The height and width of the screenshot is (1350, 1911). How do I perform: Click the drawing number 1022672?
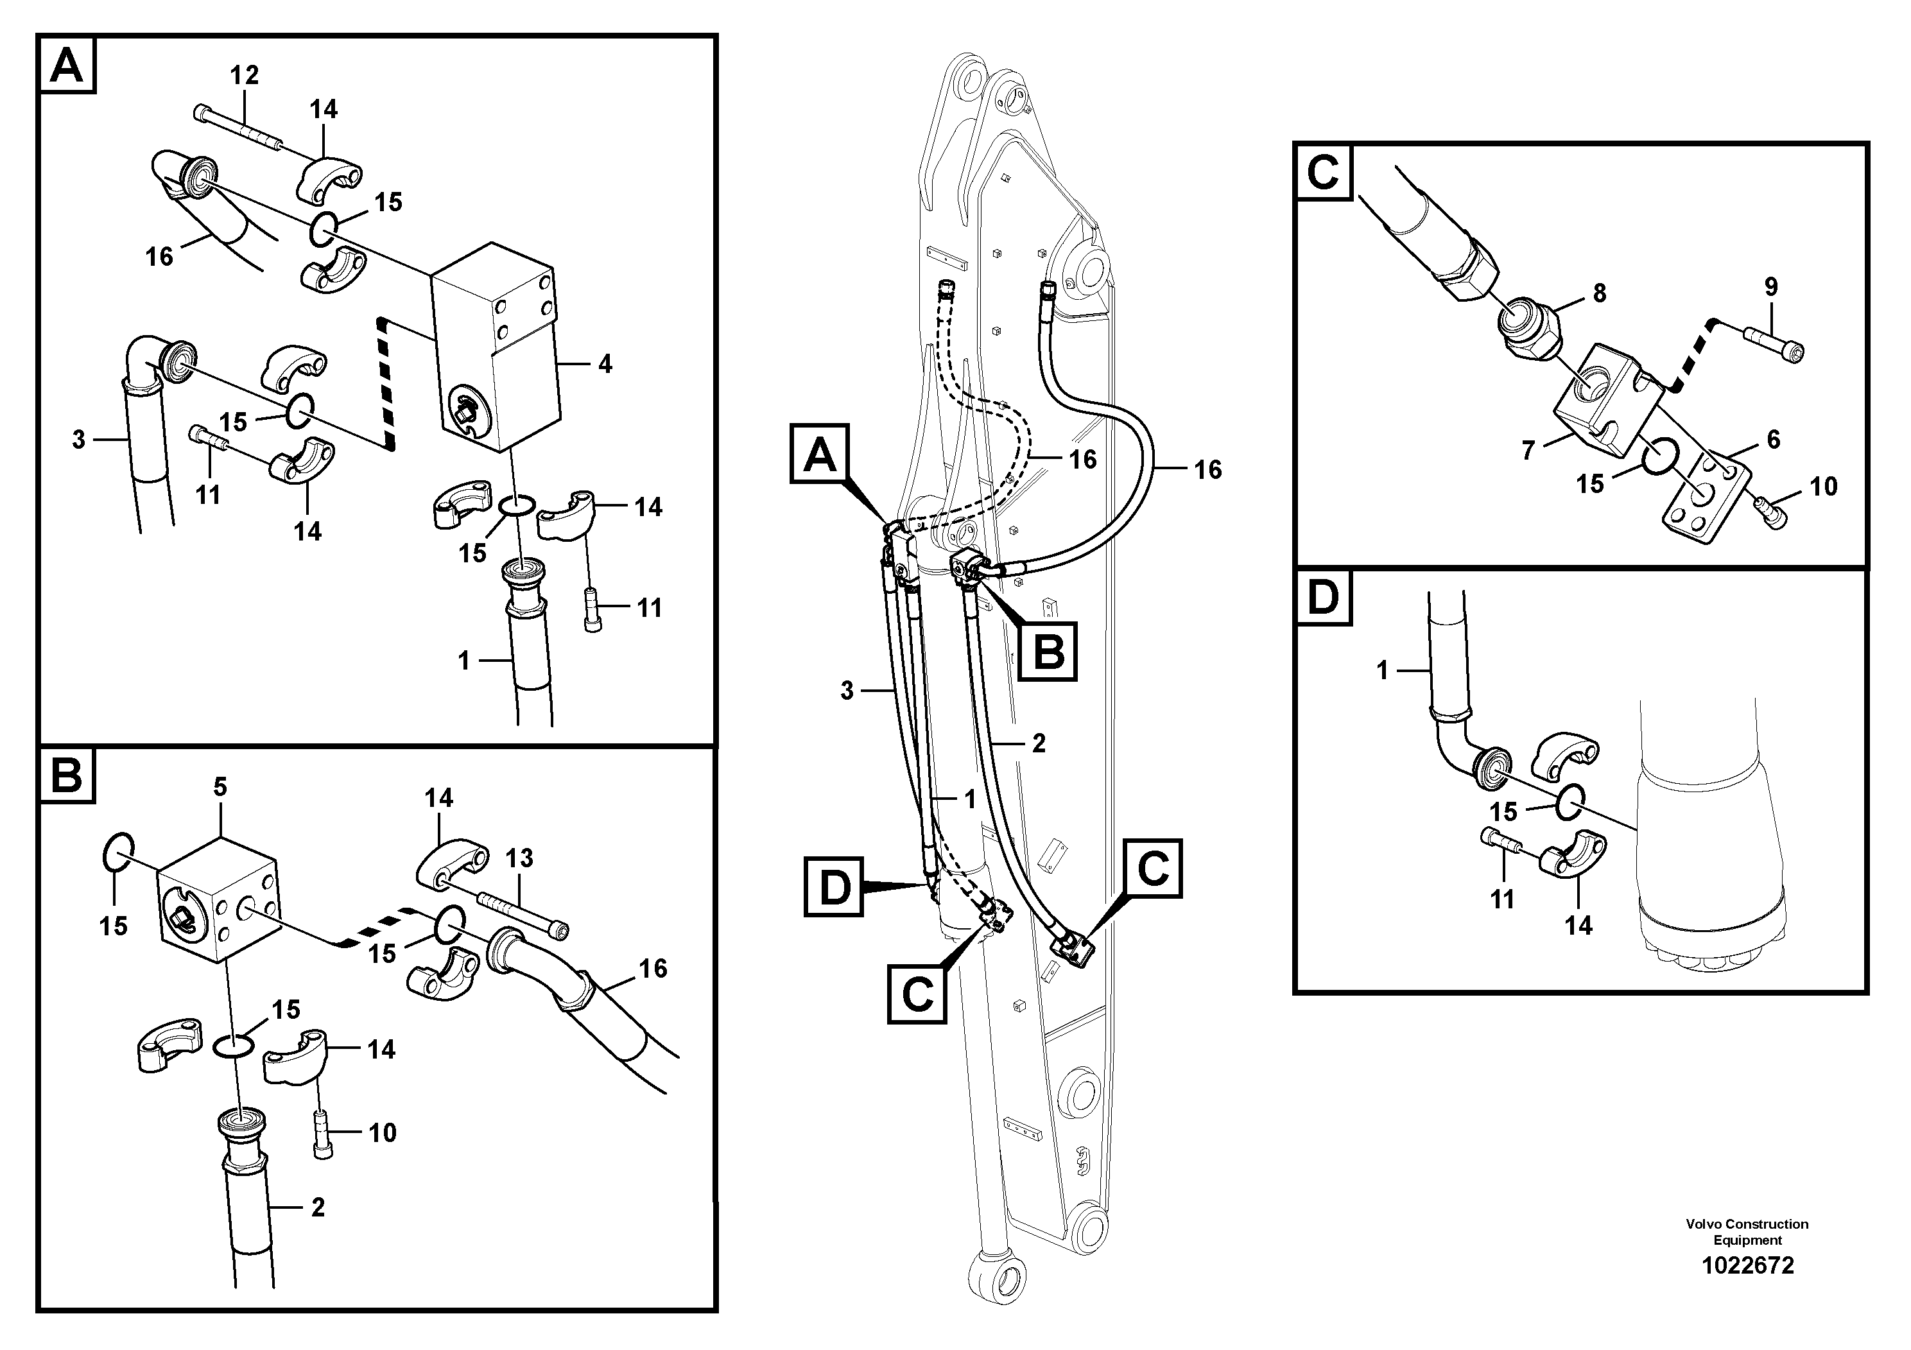1747,1266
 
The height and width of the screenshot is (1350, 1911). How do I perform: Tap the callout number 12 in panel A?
244,76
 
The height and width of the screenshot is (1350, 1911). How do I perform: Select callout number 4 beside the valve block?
605,364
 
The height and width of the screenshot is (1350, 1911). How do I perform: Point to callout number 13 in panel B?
519,858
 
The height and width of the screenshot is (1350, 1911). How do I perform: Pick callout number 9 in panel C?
1771,286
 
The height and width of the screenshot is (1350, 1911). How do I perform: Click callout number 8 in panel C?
1599,293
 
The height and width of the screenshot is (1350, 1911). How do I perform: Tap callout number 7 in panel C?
1528,450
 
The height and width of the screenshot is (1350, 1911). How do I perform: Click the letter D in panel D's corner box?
1322,597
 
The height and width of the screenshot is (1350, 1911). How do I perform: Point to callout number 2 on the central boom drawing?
1038,743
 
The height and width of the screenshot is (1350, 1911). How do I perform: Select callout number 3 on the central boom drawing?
847,690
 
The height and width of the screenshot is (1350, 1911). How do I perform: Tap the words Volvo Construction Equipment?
1747,1232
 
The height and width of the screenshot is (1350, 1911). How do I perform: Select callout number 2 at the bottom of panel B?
317,1207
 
